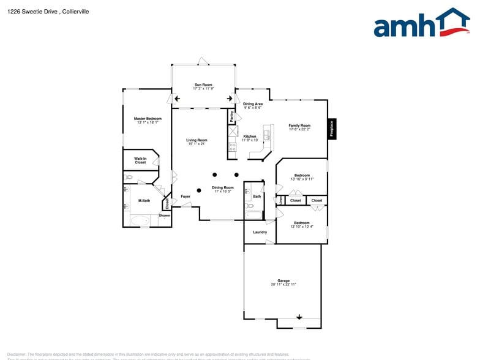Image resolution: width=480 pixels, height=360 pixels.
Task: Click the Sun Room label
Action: pos(203,84)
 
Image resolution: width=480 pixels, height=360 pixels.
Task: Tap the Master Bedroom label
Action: pos(148,118)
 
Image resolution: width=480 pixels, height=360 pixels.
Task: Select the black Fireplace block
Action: pos(332,129)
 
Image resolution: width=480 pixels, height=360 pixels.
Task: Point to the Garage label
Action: pos(283,281)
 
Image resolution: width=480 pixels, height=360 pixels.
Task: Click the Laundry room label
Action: pos(260,232)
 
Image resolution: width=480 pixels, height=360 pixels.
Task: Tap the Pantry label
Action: pos(231,116)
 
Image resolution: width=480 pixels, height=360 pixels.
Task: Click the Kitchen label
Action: pos(250,136)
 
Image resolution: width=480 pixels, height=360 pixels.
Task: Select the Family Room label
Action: pos(299,126)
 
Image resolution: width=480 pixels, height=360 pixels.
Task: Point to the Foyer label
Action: pos(186,197)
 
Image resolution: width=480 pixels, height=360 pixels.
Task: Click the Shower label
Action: pos(165,216)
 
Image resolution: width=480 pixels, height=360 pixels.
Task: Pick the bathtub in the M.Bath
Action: pos(140,220)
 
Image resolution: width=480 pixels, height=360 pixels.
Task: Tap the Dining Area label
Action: pos(252,104)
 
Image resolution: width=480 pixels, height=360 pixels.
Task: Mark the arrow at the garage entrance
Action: pos(299,317)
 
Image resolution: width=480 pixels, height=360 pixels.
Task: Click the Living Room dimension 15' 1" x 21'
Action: pos(197,144)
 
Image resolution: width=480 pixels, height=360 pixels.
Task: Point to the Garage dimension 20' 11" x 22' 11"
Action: pos(283,285)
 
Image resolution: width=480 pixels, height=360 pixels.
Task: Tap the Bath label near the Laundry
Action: pos(257,197)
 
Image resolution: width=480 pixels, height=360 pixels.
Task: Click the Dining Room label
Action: pos(223,187)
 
